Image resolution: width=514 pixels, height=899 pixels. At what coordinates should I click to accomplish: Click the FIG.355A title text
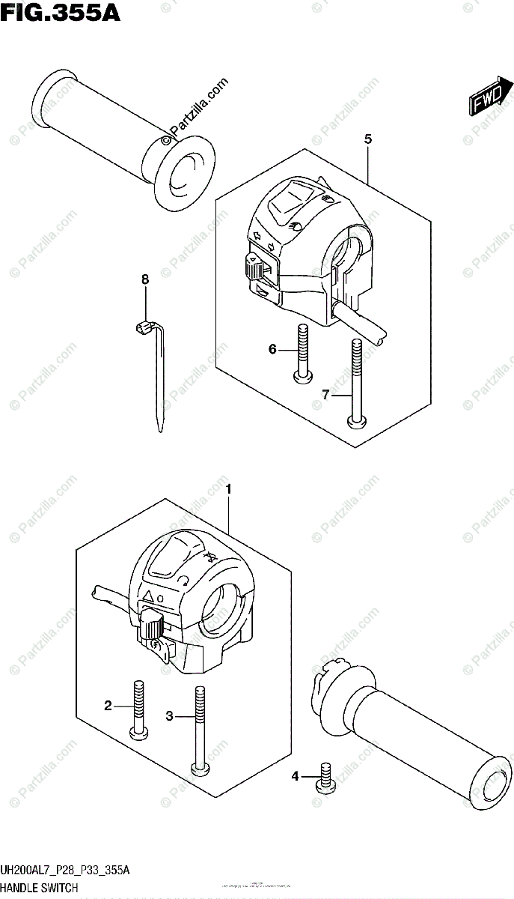(x=60, y=13)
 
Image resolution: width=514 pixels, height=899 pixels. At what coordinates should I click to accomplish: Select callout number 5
(x=368, y=139)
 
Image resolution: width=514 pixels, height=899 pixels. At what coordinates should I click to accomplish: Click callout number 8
(x=145, y=279)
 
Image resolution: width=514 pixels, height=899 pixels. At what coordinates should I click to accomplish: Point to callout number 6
(x=273, y=349)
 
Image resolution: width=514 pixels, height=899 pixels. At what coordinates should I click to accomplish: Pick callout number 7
(x=327, y=395)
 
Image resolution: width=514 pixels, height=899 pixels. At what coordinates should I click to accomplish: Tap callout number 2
(x=108, y=705)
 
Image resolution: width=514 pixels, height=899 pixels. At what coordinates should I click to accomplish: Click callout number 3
(x=170, y=717)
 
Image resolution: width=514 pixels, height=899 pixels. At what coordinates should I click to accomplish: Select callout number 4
(x=295, y=777)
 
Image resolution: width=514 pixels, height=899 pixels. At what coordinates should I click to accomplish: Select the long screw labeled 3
(x=199, y=730)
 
